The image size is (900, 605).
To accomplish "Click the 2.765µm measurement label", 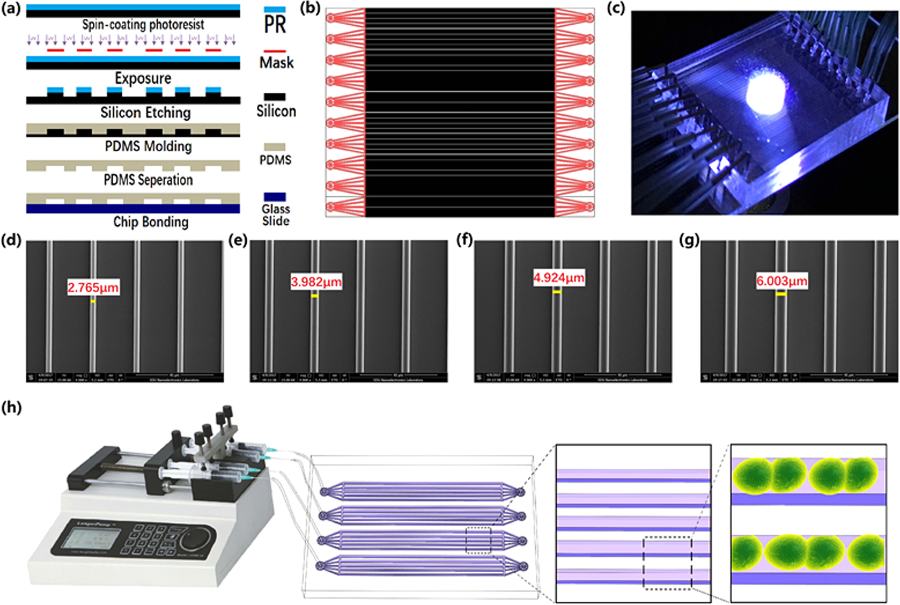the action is click(x=93, y=287).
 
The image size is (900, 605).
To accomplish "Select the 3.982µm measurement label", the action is click(x=316, y=282).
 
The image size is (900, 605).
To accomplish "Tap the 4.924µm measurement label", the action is click(x=559, y=278).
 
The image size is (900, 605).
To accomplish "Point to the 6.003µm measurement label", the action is click(x=782, y=281).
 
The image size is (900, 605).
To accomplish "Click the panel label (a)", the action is click(x=11, y=9).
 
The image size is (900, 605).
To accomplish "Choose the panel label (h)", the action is click(x=11, y=407).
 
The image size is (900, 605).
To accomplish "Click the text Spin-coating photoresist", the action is click(x=143, y=25).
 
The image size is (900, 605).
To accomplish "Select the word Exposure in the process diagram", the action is click(x=143, y=78).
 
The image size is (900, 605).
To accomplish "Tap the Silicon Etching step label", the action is click(x=145, y=113).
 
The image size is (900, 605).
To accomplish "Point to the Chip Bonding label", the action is click(x=151, y=222).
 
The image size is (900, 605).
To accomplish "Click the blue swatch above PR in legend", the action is click(x=275, y=10).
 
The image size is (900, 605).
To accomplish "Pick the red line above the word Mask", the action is click(x=275, y=51).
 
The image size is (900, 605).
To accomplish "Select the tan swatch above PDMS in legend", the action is click(x=275, y=147).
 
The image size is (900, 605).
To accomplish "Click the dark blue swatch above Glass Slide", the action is click(x=275, y=197).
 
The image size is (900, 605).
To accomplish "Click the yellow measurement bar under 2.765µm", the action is click(x=93, y=301).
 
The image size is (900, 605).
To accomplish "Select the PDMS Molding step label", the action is click(x=148, y=146).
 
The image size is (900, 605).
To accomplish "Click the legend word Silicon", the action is click(x=276, y=111).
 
